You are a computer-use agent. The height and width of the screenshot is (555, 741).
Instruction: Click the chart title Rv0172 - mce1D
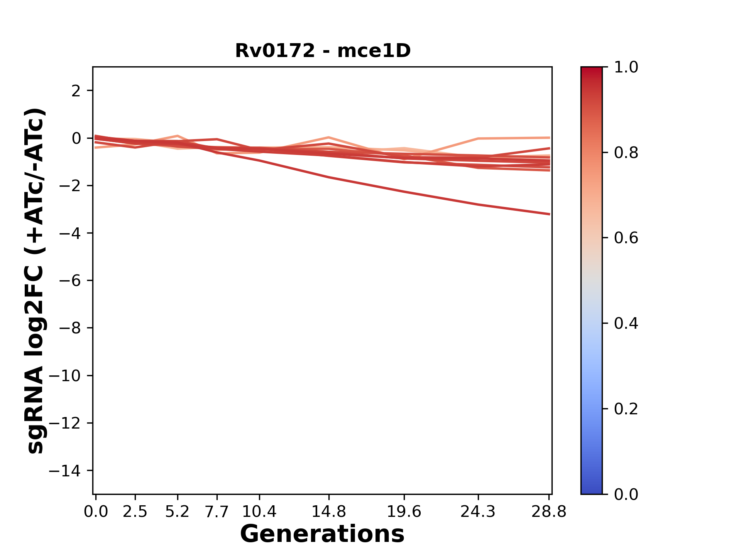[323, 51]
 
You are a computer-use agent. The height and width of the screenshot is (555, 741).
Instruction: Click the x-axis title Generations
[322, 534]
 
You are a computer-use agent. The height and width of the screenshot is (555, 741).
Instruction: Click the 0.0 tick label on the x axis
[96, 512]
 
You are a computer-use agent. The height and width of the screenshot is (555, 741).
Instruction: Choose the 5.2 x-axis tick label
[177, 512]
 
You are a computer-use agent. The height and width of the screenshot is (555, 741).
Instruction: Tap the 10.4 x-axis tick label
[259, 512]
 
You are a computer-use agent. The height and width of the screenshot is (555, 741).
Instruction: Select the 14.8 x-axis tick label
[328, 512]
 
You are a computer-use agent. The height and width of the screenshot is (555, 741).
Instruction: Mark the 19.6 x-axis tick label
[404, 512]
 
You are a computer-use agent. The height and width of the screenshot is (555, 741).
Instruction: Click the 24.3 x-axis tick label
[478, 512]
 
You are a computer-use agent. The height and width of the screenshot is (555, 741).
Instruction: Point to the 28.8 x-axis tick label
[549, 512]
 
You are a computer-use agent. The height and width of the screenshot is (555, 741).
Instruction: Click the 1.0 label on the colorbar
[626, 67]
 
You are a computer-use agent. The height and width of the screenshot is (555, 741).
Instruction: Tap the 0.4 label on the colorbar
[626, 323]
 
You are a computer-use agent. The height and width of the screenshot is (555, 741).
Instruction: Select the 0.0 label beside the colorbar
[626, 494]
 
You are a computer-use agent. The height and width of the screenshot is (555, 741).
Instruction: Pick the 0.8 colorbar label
[626, 153]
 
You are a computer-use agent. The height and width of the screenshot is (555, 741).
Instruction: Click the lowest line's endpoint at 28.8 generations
[549, 214]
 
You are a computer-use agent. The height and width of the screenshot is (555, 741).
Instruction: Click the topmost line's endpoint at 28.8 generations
[549, 138]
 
